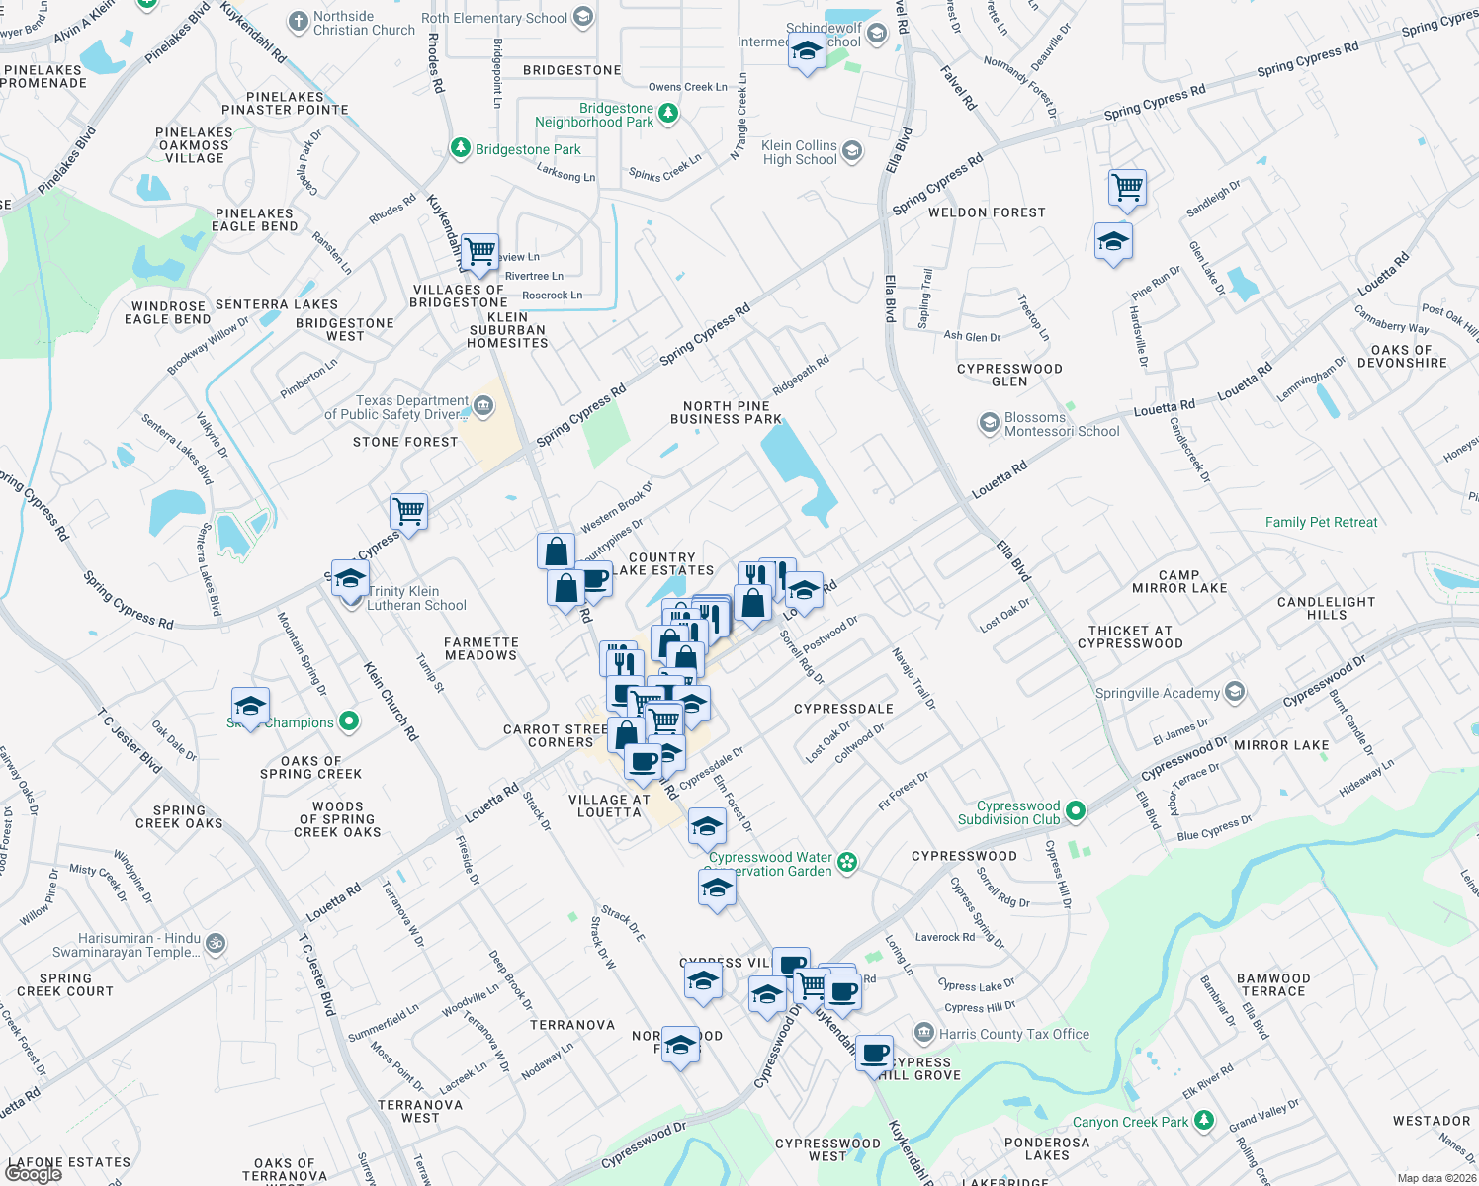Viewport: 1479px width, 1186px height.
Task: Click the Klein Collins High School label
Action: click(x=799, y=152)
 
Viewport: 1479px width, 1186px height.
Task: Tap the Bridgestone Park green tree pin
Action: click(x=460, y=148)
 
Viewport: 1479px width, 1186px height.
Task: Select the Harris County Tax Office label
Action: click(x=1013, y=1034)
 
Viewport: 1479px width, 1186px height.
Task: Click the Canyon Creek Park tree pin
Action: click(x=1203, y=1121)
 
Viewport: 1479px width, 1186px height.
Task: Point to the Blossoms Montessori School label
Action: click(x=1062, y=424)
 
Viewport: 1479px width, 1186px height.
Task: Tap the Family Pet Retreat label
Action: click(x=1321, y=522)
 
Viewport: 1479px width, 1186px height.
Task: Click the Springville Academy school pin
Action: click(x=1234, y=692)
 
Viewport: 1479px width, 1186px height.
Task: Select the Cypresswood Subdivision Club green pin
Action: click(x=1076, y=811)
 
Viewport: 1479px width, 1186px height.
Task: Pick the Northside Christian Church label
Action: click(x=364, y=23)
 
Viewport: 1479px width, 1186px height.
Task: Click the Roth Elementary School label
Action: click(x=494, y=18)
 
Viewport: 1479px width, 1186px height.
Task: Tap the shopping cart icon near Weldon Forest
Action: click(x=1127, y=186)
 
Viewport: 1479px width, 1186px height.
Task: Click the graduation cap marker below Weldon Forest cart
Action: click(x=1113, y=240)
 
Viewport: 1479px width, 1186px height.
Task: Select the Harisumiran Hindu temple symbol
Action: click(x=216, y=944)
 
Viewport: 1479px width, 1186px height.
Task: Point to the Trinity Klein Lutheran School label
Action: click(x=416, y=598)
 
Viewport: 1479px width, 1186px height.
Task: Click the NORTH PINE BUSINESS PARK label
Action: click(x=726, y=412)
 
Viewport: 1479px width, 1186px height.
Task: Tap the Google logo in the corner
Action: click(x=33, y=1174)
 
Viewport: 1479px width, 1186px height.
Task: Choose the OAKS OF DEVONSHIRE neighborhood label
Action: click(x=1402, y=356)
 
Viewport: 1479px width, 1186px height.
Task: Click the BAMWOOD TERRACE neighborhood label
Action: click(x=1273, y=984)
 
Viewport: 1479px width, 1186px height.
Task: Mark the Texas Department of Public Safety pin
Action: click(x=483, y=405)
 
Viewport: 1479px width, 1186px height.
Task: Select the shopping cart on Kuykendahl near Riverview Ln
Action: click(x=479, y=251)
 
